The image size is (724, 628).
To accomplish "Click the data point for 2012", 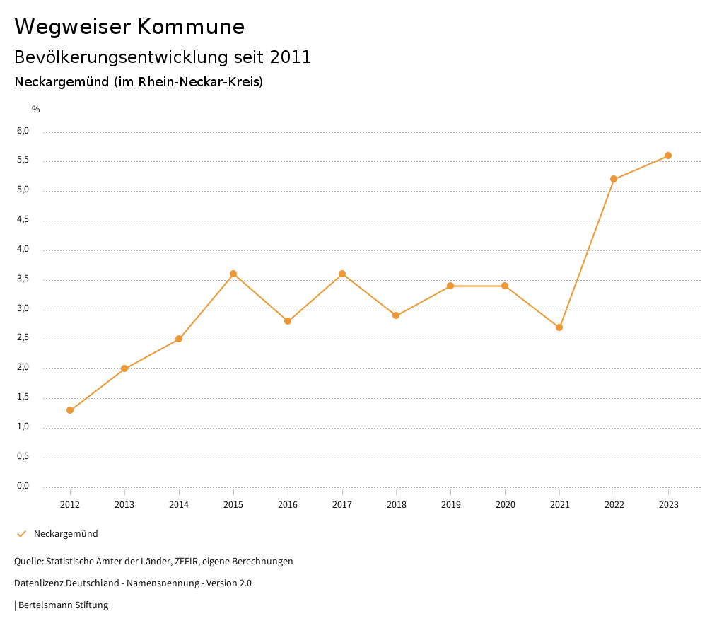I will [x=70, y=410].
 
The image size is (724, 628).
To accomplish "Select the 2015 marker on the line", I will [x=233, y=274].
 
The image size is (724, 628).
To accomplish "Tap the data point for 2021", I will [x=559, y=327].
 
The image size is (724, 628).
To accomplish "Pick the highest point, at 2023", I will [x=668, y=156].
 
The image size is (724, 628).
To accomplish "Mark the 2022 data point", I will [x=614, y=179].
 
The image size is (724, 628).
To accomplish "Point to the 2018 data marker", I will [x=396, y=315].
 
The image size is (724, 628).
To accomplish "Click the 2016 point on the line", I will [x=288, y=321].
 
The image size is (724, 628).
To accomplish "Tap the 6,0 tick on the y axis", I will [x=23, y=131].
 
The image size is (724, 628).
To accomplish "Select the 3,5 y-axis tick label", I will [x=23, y=279].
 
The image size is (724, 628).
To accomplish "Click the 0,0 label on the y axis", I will [x=23, y=486].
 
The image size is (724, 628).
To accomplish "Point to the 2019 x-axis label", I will [x=450, y=505].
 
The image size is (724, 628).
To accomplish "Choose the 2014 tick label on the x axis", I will [x=179, y=505].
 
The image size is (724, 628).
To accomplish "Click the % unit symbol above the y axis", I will [x=36, y=110].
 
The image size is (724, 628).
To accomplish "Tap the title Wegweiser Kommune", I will [x=129, y=27].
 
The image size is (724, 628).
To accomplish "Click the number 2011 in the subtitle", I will [x=291, y=57].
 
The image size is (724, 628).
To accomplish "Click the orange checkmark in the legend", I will [x=21, y=534].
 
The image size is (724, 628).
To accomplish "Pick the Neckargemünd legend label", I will [x=66, y=534].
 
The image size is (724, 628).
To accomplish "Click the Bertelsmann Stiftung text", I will [x=63, y=605].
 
